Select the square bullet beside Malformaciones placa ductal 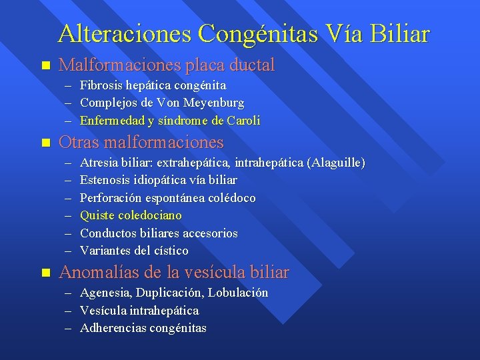[45, 66]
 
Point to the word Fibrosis [100, 85]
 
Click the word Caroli [243, 121]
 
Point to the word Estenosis [103, 180]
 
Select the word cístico [170, 251]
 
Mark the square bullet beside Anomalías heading [45, 273]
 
